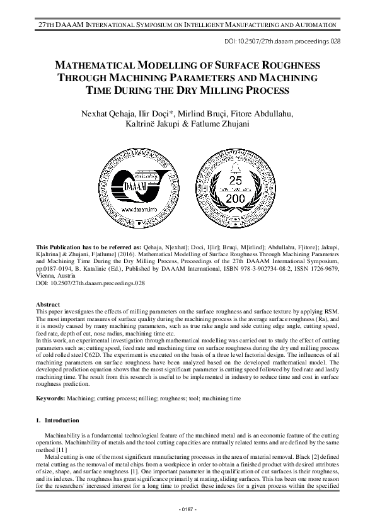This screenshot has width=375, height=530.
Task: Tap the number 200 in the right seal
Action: point(236,198)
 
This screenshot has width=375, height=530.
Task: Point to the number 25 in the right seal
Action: point(236,180)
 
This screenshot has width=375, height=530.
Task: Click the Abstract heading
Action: point(49,305)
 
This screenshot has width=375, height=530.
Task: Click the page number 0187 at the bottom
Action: point(187,509)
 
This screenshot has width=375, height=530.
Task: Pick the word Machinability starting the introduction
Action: point(63,435)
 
